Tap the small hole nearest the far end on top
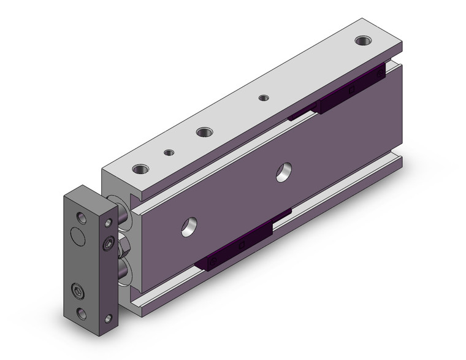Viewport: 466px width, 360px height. pos(264,98)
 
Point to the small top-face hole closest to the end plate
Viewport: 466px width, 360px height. pos(167,152)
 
